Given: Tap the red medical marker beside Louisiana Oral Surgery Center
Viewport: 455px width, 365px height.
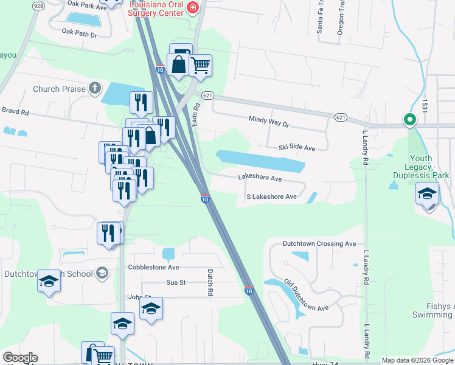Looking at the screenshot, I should (x=193, y=7).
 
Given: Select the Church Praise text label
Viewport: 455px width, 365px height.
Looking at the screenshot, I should (x=59, y=89).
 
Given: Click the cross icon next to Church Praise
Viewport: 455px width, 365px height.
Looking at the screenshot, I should (x=94, y=89).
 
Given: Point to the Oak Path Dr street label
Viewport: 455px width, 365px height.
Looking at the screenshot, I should (x=79, y=35).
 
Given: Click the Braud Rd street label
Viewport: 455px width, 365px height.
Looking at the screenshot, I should (x=16, y=112).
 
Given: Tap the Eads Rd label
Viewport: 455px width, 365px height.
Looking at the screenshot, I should (x=196, y=114).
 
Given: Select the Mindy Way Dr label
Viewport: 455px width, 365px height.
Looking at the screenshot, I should (x=268, y=122).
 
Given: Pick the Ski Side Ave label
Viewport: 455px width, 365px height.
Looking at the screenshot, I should (x=297, y=148).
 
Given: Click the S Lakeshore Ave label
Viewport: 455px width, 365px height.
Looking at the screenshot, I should (x=271, y=197).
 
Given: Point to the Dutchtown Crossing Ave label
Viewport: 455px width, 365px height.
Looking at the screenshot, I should (x=319, y=244).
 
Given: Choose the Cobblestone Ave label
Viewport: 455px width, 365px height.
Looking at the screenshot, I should (x=153, y=267).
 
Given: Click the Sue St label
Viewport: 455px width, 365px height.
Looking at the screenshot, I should (x=175, y=282).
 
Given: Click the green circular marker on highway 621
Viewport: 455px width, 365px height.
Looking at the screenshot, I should (x=410, y=120).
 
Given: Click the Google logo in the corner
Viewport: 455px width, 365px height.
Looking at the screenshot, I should (x=20, y=358).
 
